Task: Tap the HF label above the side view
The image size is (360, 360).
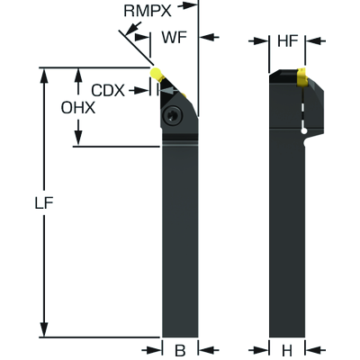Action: (287, 40)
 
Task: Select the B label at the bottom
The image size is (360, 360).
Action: (179, 350)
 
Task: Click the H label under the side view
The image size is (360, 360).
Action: (287, 350)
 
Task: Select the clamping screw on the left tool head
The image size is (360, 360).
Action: (173, 114)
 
